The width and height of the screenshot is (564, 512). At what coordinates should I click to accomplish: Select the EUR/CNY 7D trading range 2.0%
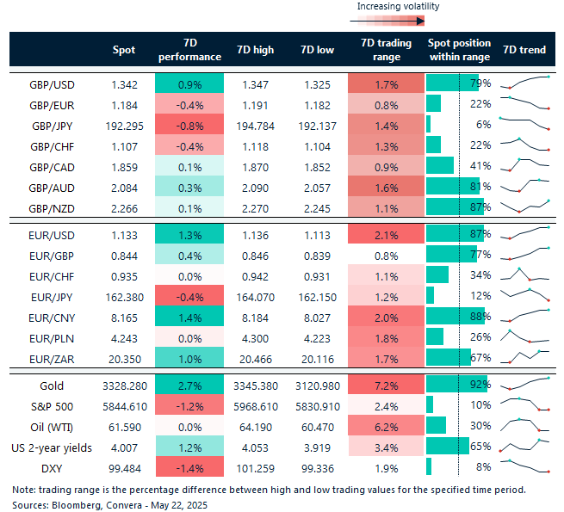(x=387, y=317)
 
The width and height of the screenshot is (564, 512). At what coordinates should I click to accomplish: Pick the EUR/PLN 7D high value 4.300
(x=255, y=337)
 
